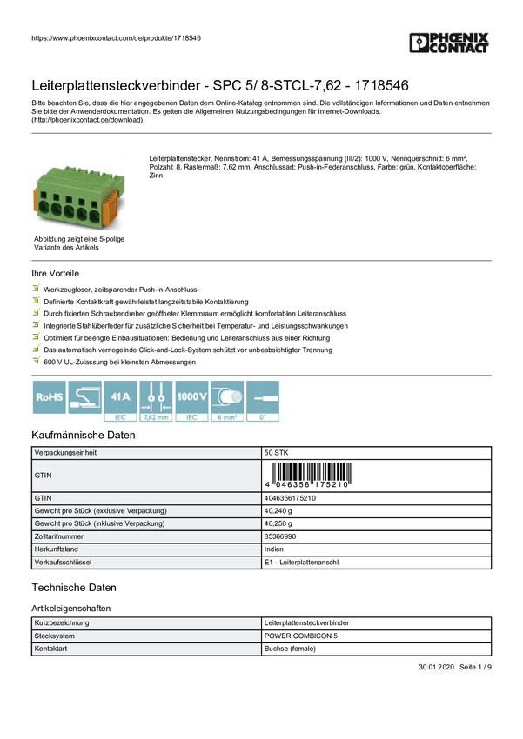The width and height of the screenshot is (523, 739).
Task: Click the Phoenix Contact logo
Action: coord(450,44)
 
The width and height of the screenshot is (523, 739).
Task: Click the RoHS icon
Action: coord(48,401)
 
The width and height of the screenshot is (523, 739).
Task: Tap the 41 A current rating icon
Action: coord(119,401)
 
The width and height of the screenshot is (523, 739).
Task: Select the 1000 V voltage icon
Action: coord(191,401)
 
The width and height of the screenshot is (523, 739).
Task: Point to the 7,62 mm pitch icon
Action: coord(156,401)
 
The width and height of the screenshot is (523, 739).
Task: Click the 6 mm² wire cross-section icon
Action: coord(227,401)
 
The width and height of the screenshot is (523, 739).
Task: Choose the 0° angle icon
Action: coord(264,401)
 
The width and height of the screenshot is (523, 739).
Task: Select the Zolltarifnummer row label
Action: coord(58,536)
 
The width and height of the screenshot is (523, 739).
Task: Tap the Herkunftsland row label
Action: coord(57,549)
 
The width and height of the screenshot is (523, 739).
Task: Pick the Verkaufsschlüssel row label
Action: coord(62,563)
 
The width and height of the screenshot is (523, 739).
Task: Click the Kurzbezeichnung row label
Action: coord(61,623)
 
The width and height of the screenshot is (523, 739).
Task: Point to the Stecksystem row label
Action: coord(54,636)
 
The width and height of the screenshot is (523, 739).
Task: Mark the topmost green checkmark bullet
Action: coord(36,286)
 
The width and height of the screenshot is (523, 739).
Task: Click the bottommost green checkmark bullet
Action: coord(36,359)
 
